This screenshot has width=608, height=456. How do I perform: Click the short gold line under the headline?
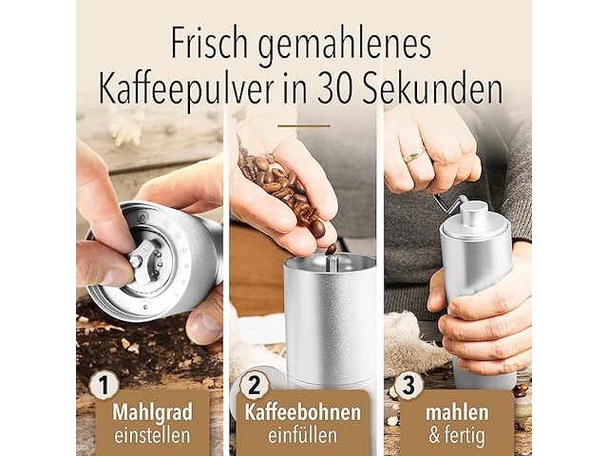(x=303, y=124)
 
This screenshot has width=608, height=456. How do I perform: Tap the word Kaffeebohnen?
(x=303, y=413)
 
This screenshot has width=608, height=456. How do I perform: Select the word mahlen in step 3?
(x=456, y=413)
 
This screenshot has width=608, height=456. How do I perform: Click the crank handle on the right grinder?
(x=449, y=202)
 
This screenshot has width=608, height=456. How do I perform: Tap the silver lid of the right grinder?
(x=475, y=222)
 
